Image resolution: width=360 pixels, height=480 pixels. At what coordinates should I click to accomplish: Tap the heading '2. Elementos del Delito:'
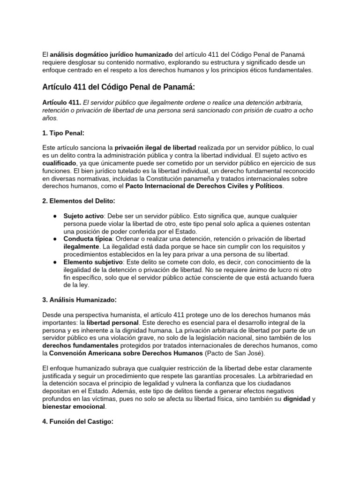click(x=79, y=201)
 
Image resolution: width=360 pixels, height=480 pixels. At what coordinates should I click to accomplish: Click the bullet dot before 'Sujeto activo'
click(x=55, y=217)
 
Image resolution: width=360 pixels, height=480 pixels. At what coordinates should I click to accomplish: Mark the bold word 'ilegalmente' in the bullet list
click(x=82, y=247)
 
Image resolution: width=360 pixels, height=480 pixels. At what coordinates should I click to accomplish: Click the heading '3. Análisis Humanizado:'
click(x=80, y=300)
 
